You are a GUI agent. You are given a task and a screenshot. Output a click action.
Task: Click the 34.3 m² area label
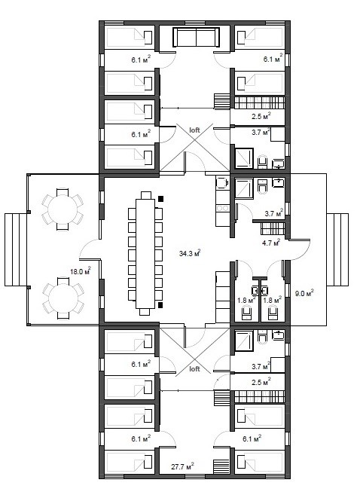(190, 253)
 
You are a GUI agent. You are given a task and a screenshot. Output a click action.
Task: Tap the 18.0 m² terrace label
(81, 271)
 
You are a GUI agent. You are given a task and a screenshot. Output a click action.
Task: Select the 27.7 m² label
(182, 466)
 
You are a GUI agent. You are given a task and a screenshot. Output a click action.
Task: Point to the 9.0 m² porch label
(304, 293)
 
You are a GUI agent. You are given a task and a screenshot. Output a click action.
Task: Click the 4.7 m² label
(271, 243)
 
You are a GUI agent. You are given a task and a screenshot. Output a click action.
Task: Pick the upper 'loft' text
(194, 130)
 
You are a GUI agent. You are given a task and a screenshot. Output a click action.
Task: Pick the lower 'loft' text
(194, 368)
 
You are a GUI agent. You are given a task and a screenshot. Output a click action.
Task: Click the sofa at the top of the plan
(197, 38)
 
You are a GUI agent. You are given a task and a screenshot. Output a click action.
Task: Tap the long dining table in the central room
(145, 253)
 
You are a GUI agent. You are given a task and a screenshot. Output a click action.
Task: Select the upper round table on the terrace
(63, 209)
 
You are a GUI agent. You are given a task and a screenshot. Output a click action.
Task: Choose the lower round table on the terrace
(63, 298)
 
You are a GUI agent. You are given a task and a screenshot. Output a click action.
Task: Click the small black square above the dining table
(161, 199)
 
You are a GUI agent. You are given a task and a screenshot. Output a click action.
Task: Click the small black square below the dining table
(160, 305)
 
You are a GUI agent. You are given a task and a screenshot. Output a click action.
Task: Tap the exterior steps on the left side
(16, 249)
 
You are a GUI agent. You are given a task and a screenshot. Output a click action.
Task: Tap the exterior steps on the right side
(337, 249)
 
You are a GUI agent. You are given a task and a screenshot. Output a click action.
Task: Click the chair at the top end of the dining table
(146, 195)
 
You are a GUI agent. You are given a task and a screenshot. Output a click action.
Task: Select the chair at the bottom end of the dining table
(145, 312)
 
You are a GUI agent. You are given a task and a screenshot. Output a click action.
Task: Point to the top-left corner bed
(130, 38)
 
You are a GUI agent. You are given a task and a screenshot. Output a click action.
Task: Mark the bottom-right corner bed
(260, 463)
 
